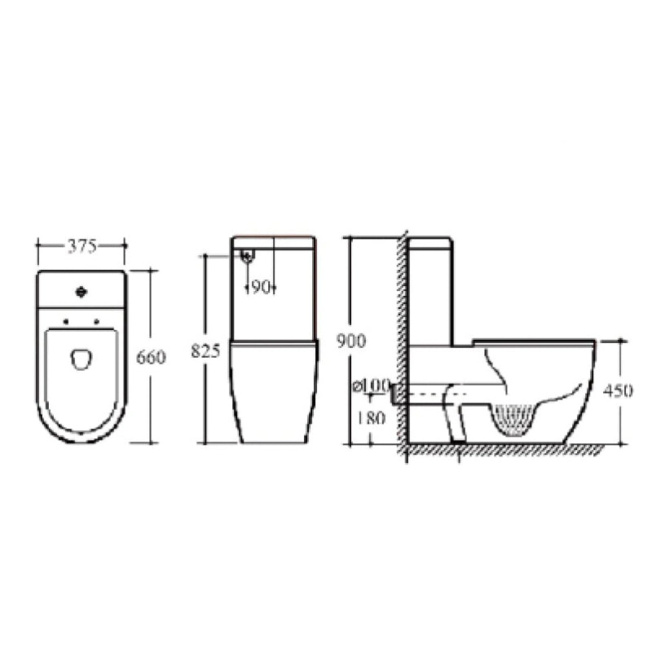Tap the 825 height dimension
tap(205, 351)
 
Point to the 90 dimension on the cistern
tap(260, 286)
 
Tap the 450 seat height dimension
tap(619, 390)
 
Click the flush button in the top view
tap(81, 291)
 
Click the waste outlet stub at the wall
tap(397, 394)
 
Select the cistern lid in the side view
tap(430, 242)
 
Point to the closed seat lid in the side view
tap(534, 340)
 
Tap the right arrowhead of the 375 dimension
tap(122, 243)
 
